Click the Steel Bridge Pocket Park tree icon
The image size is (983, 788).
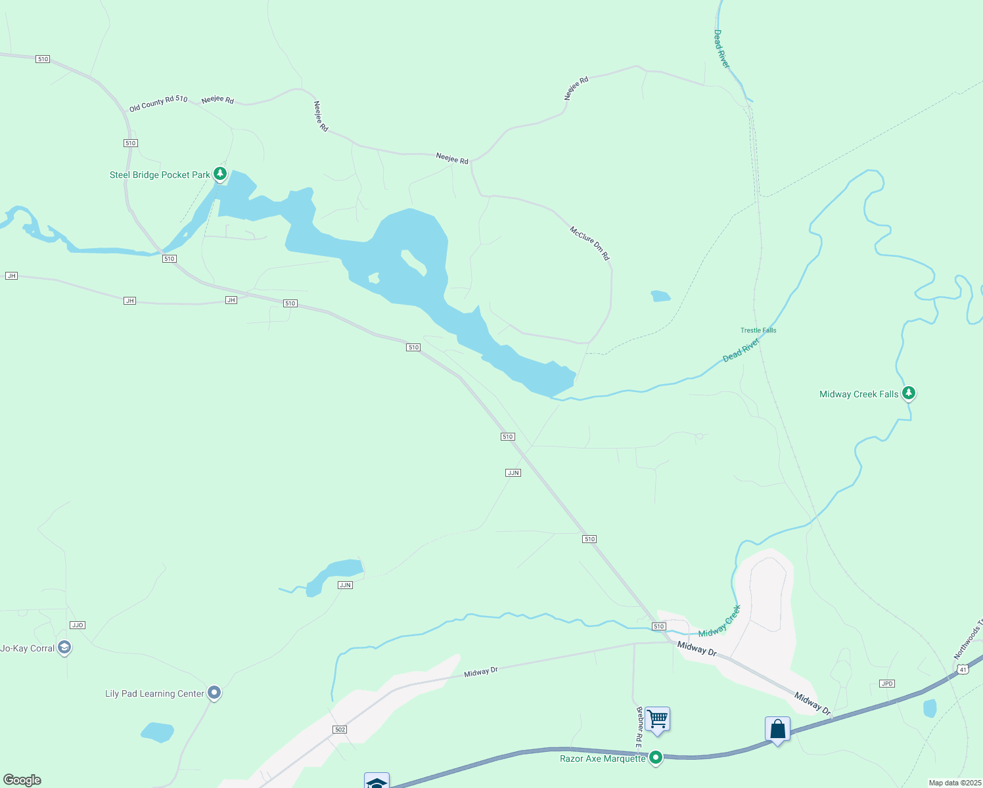click(220, 174)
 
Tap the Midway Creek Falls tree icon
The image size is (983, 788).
click(909, 393)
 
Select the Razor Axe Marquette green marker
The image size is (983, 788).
click(655, 758)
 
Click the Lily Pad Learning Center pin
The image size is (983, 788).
click(214, 692)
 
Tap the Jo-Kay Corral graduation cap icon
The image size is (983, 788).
click(64, 647)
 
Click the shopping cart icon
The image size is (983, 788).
click(657, 720)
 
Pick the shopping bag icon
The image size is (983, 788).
click(777, 730)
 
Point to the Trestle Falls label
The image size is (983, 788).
click(758, 330)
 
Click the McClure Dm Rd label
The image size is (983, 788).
click(590, 243)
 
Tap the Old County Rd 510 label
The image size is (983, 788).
click(158, 104)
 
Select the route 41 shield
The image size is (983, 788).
click(963, 669)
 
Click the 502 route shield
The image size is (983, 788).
click(339, 730)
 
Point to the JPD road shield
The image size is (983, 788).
click(887, 684)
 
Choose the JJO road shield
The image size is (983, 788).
click(78, 625)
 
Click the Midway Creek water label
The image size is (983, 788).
click(720, 621)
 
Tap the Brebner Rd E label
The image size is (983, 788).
click(638, 724)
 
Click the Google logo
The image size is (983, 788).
click(22, 780)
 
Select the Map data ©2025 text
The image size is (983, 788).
click(954, 783)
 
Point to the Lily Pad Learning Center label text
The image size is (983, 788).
click(154, 693)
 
